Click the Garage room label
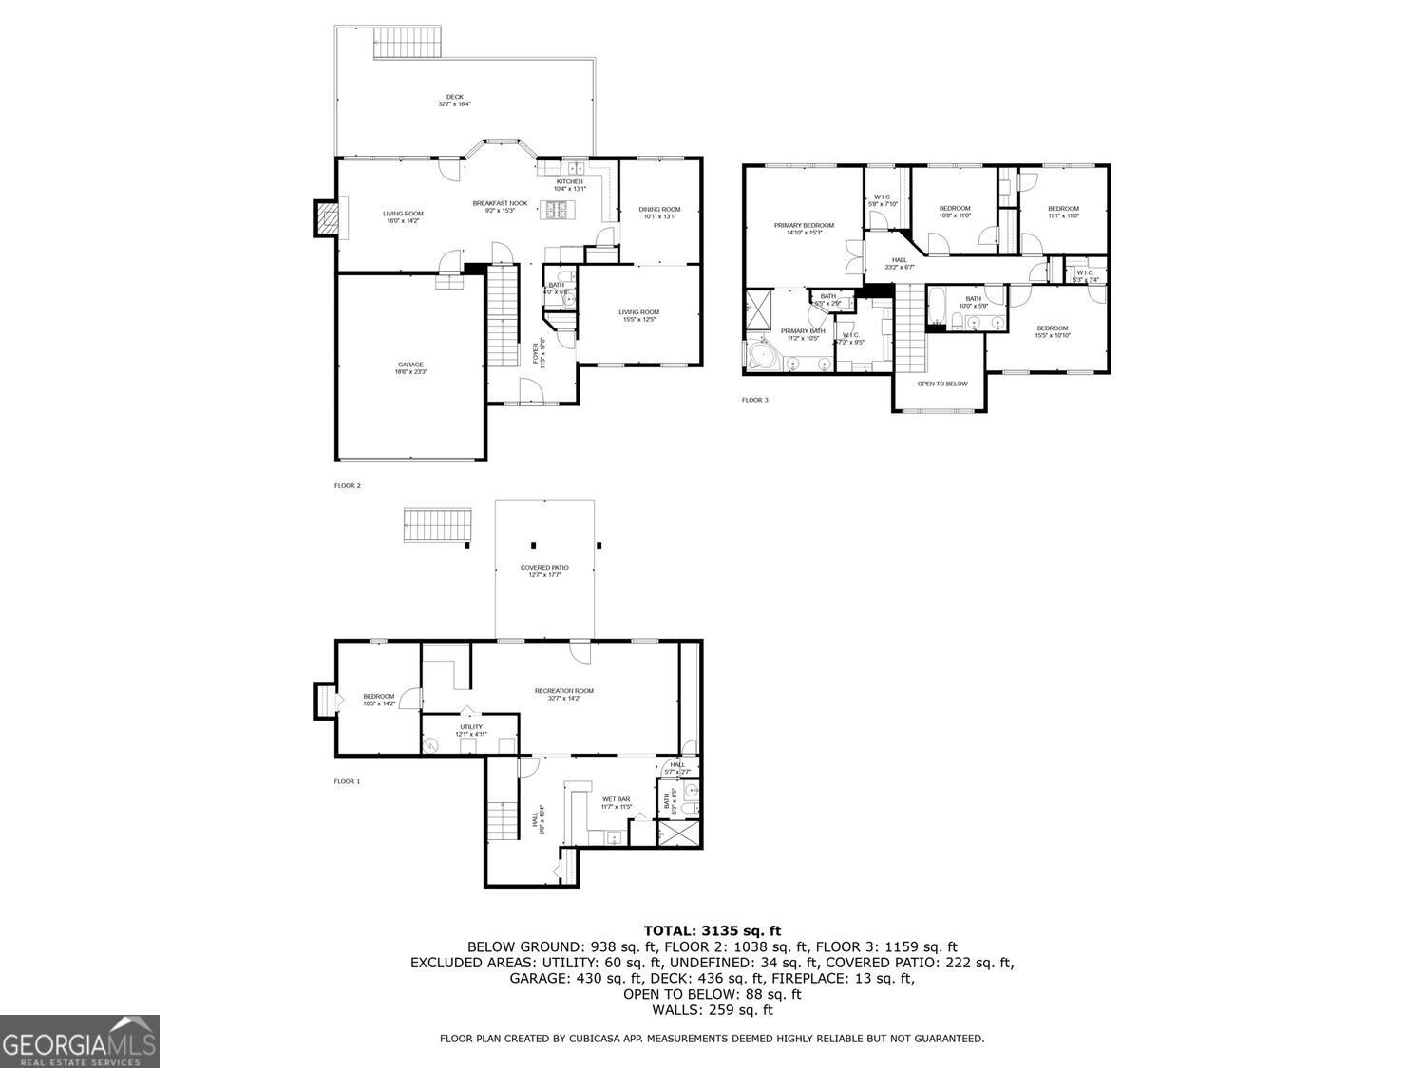(410, 367)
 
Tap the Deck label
(455, 100)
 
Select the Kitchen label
(570, 184)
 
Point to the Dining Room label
(659, 213)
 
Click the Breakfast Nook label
(500, 206)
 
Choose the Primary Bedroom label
(804, 229)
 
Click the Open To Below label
(942, 384)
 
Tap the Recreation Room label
(563, 694)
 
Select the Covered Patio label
(544, 571)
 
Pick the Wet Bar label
(616, 802)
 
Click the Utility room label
(471, 730)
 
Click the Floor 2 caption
(348, 485)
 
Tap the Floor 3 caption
(754, 400)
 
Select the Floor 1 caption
(347, 781)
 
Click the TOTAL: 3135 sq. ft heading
(712, 930)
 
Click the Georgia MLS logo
(80, 1041)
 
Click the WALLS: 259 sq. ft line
(712, 1010)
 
